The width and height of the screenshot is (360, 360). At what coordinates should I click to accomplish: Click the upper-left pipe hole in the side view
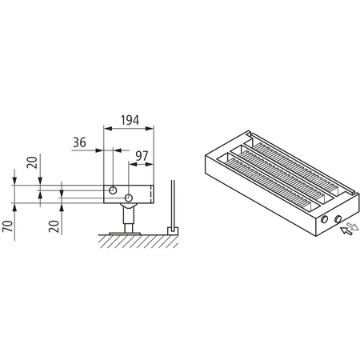(x=114, y=189)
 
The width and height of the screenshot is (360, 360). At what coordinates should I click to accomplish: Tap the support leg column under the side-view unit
(x=126, y=214)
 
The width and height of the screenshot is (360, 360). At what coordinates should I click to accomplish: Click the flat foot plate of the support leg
(x=126, y=230)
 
